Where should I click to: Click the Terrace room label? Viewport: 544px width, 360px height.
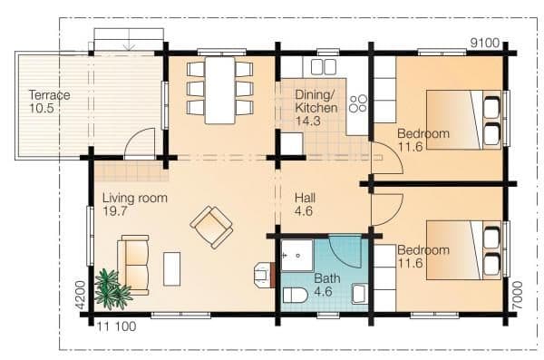pos(49,95)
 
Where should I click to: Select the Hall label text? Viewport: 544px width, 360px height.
pos(305,198)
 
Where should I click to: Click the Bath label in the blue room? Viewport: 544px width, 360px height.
pos(326,278)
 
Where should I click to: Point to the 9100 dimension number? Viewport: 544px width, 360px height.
pos(485,43)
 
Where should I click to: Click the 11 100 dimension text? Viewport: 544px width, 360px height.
pos(116,326)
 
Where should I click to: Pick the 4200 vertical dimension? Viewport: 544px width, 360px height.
pos(80,295)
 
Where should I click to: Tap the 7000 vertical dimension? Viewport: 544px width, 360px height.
pos(517,295)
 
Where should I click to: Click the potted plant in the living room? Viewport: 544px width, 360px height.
pos(112,290)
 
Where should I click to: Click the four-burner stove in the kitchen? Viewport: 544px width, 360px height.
pos(358,103)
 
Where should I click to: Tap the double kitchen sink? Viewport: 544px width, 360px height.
pos(323,67)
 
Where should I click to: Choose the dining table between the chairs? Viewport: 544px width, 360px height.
pos(220,91)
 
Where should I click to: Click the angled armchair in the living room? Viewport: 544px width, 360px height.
pos(211,227)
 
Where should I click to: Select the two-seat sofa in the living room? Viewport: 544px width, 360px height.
pos(134,265)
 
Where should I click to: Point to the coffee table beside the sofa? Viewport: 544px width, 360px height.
pos(171,269)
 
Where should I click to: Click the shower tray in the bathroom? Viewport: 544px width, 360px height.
pos(297,255)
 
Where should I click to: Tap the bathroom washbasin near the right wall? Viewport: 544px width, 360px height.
pos(360,294)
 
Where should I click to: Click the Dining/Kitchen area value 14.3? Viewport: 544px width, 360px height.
pos(307,121)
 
